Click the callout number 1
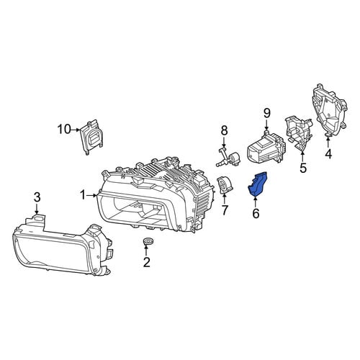pos(83,195)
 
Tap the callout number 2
pos(147,262)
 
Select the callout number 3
pos(37,198)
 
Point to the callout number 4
pos(328,154)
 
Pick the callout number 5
pos(303,168)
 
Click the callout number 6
pos(256,213)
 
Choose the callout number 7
pos(225,210)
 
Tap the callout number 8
pos(224,131)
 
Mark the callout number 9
pos(267,114)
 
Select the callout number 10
pos(64,130)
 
